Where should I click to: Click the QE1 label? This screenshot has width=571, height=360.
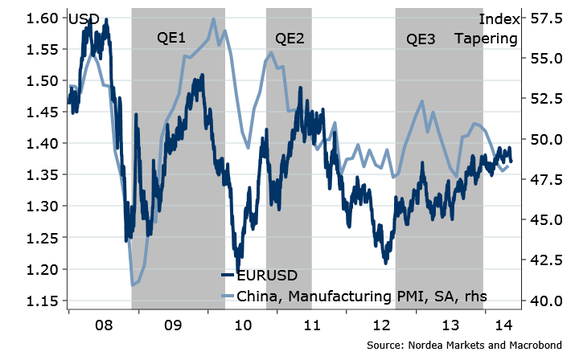(171, 38)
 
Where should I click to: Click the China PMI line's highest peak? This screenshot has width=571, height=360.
(213, 18)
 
